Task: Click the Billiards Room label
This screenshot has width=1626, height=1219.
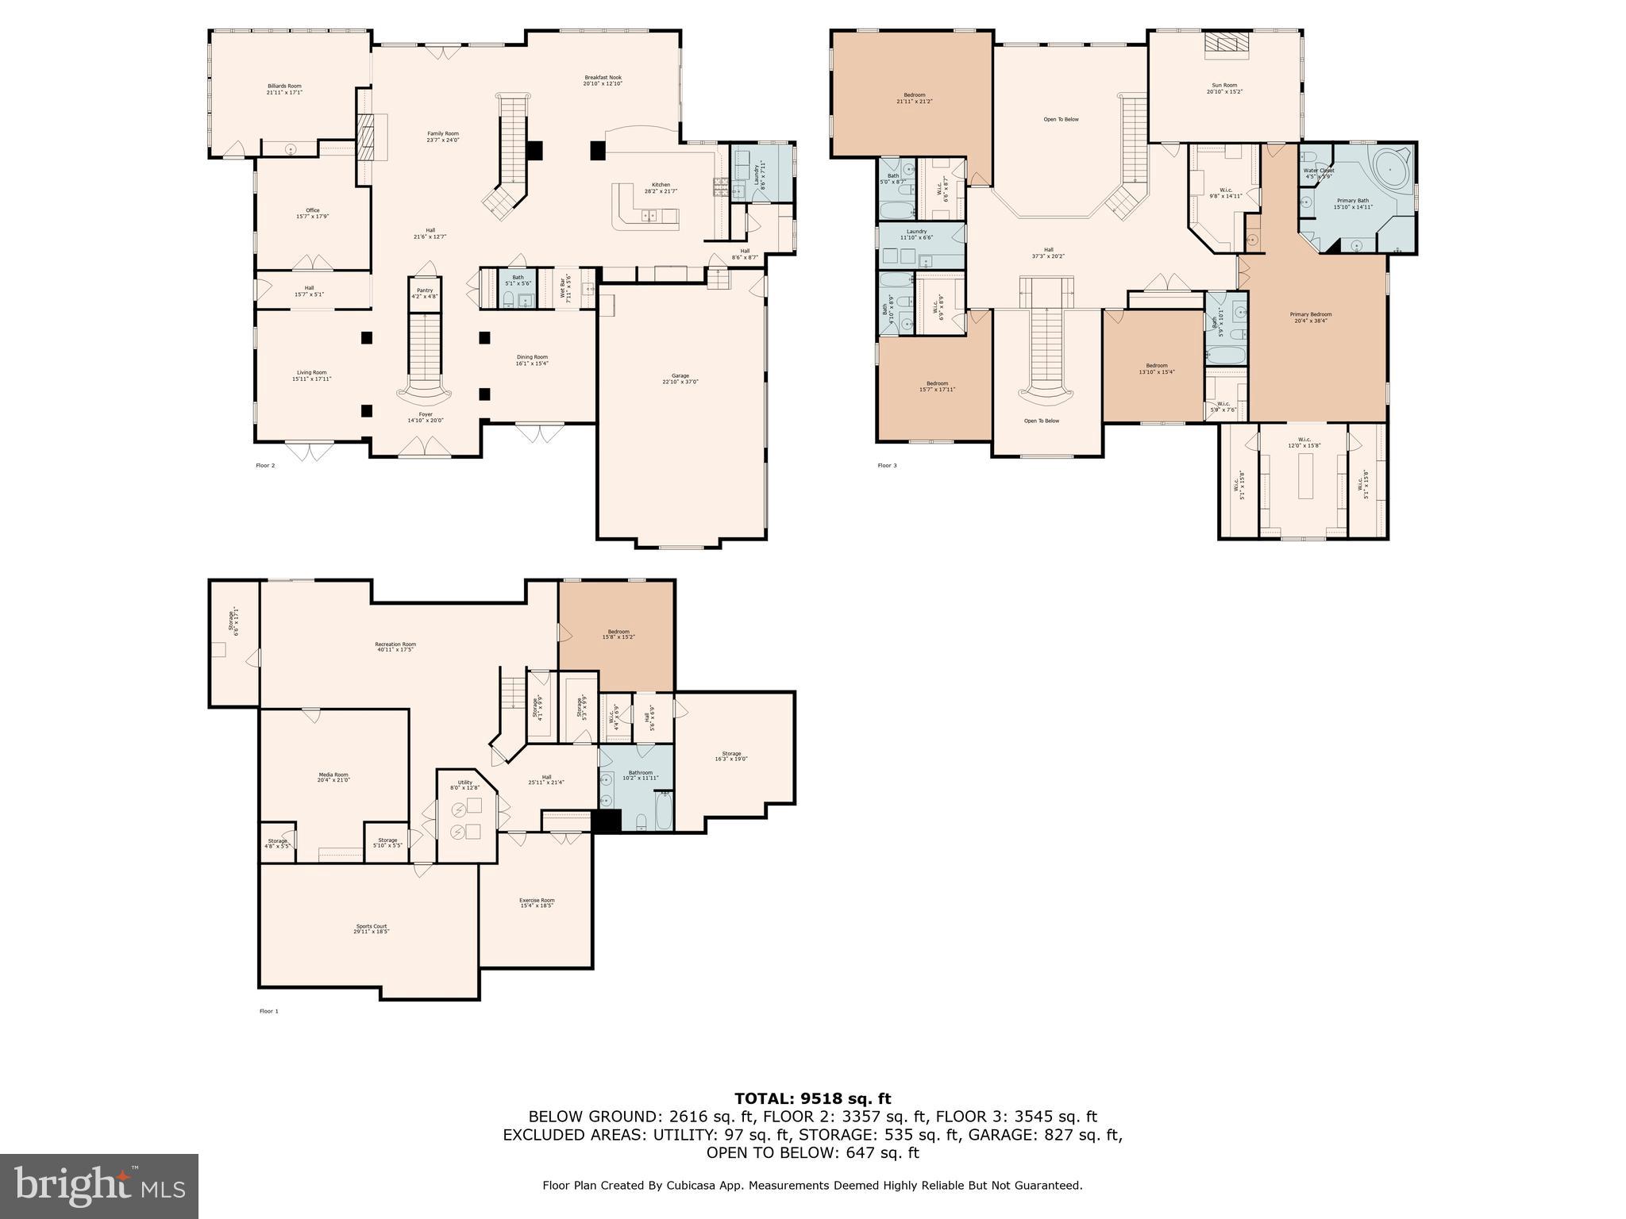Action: [x=284, y=89]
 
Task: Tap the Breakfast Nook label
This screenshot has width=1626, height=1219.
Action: [x=603, y=80]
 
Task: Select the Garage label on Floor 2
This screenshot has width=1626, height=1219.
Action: [x=680, y=379]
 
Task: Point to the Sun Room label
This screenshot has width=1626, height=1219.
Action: [x=1224, y=88]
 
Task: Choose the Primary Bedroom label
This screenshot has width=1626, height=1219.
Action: [x=1311, y=317]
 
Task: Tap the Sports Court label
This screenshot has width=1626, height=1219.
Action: [x=372, y=929]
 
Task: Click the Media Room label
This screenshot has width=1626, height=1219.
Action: [x=333, y=777]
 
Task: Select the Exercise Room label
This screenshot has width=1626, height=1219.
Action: [x=537, y=902]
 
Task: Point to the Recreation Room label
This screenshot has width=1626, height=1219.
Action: [x=395, y=647]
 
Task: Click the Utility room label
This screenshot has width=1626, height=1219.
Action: [x=465, y=785]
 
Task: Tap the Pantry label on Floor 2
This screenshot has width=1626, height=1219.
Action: [x=425, y=293]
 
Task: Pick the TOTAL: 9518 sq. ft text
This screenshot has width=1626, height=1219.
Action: [x=812, y=1098]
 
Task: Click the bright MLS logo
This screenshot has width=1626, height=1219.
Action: [x=99, y=1186]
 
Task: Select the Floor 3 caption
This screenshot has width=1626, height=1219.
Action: [x=887, y=466]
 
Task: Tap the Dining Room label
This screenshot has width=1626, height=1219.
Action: [x=532, y=360]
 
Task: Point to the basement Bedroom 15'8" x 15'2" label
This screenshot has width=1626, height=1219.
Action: [x=618, y=634]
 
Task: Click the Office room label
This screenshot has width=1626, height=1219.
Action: [x=313, y=213]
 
